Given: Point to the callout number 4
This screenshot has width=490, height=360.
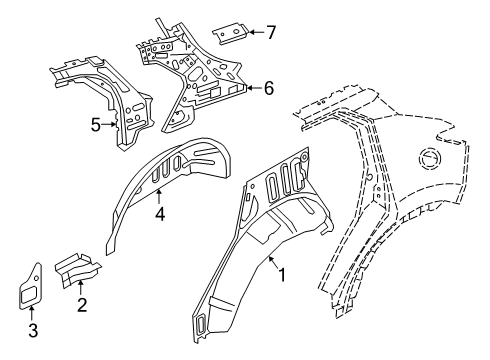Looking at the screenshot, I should [x=159, y=213].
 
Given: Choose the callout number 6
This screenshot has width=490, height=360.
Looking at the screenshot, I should [x=268, y=88].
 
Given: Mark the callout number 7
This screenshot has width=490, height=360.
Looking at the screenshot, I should [x=271, y=32].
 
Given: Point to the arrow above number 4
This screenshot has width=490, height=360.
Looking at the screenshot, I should [x=159, y=198].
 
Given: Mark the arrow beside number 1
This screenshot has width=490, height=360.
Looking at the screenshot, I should [x=272, y=262].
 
